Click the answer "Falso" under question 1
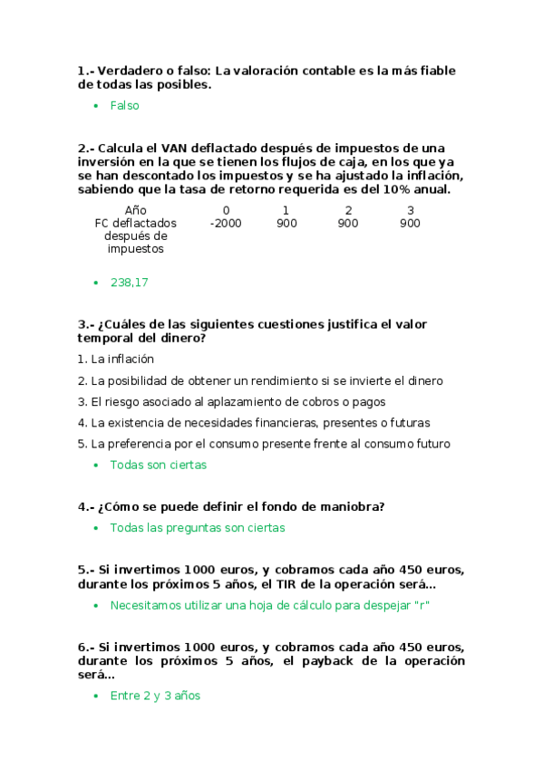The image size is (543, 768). point(124,106)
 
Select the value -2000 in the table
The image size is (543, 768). point(226,223)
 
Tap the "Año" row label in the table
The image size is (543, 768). point(135,210)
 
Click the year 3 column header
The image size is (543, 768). point(411,210)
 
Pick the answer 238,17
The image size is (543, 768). point(129,283)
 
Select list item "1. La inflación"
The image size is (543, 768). point(115,359)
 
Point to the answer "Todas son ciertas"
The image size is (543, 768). point(158,465)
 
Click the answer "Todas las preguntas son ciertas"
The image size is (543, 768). point(197,527)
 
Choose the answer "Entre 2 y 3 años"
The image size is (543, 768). point(155,696)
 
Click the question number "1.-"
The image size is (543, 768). point(86,71)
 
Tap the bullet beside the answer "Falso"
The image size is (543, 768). point(95,106)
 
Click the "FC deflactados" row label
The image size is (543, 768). point(135,223)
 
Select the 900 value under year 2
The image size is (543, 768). point(348,223)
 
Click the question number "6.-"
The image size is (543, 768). point(86,647)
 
